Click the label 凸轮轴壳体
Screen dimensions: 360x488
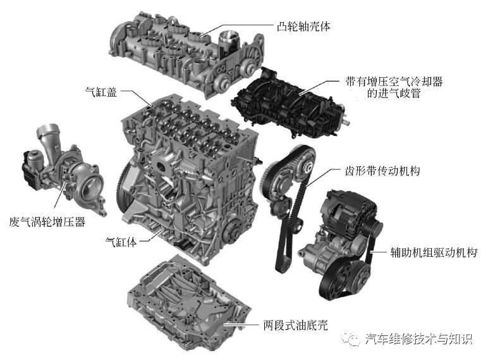[x=304, y=27]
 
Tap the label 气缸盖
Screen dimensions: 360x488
[x=101, y=91]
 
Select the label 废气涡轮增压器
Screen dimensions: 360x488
[x=47, y=222]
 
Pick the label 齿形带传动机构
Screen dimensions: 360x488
[x=384, y=171]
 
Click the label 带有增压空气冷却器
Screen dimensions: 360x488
[x=394, y=82]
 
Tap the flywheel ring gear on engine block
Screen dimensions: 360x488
[x=120, y=183]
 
